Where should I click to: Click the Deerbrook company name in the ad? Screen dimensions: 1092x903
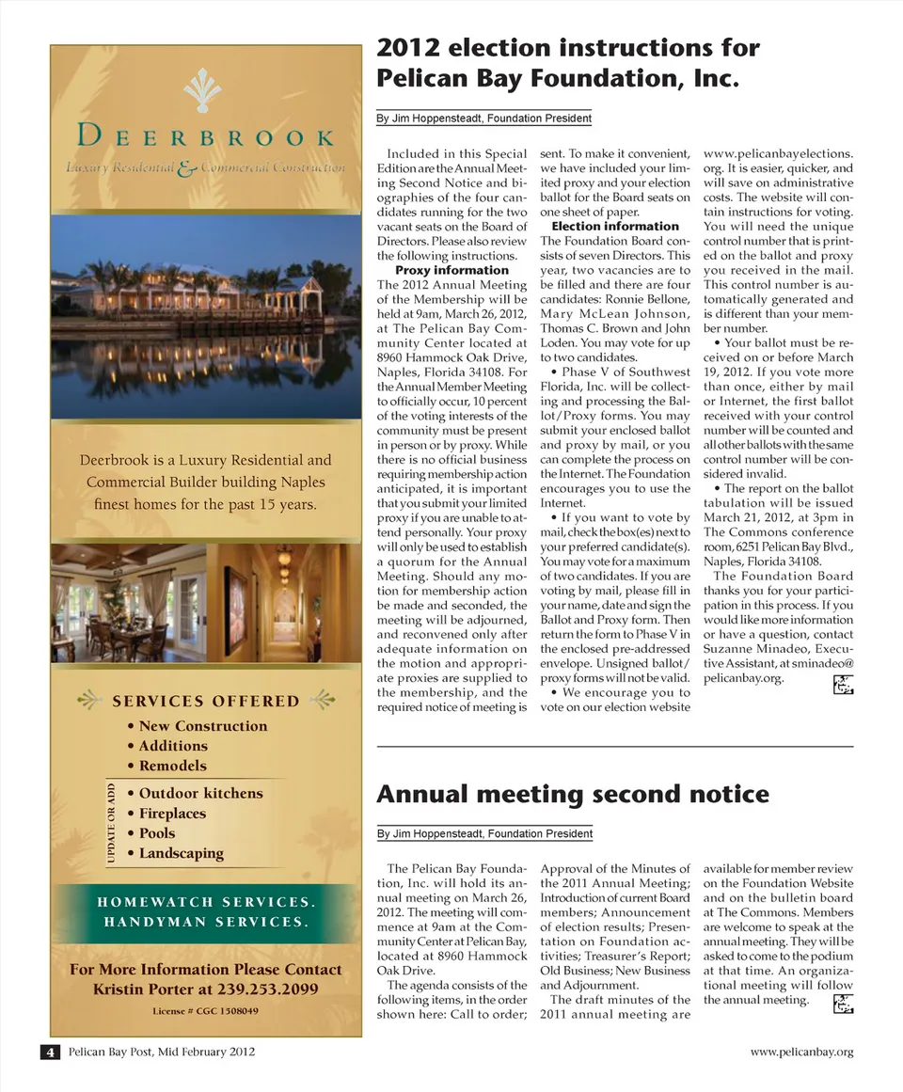click(x=205, y=137)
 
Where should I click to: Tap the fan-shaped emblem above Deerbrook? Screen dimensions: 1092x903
click(x=202, y=92)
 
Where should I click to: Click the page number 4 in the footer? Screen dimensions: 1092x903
click(x=49, y=1052)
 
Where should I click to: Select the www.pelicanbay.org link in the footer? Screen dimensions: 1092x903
click(x=801, y=1052)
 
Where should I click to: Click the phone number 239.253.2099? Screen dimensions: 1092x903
click(x=274, y=989)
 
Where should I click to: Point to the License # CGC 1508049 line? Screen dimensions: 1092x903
click(x=205, y=1011)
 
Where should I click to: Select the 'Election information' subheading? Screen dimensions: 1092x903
click(x=614, y=227)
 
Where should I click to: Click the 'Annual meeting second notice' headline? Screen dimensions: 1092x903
click(x=572, y=795)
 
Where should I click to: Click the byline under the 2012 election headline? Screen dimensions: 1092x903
click(x=483, y=119)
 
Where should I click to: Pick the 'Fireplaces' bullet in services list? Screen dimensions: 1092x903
click(x=172, y=814)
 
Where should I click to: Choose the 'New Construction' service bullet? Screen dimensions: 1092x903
click(x=202, y=726)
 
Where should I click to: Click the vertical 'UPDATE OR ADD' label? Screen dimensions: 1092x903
click(x=111, y=822)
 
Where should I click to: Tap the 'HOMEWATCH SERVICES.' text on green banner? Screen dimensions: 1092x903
click(x=205, y=902)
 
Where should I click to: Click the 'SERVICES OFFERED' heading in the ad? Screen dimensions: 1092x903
click(x=205, y=701)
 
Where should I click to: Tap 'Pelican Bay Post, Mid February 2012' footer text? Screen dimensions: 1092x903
click(x=161, y=1052)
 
